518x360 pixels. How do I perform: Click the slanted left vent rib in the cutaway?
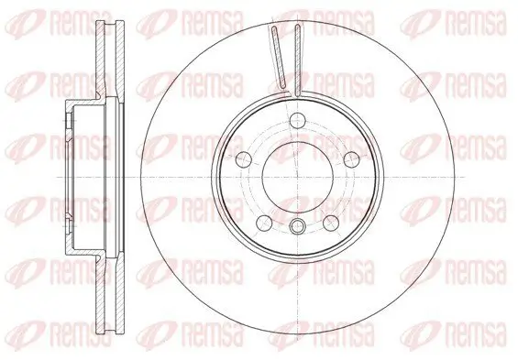(x=279, y=60)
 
